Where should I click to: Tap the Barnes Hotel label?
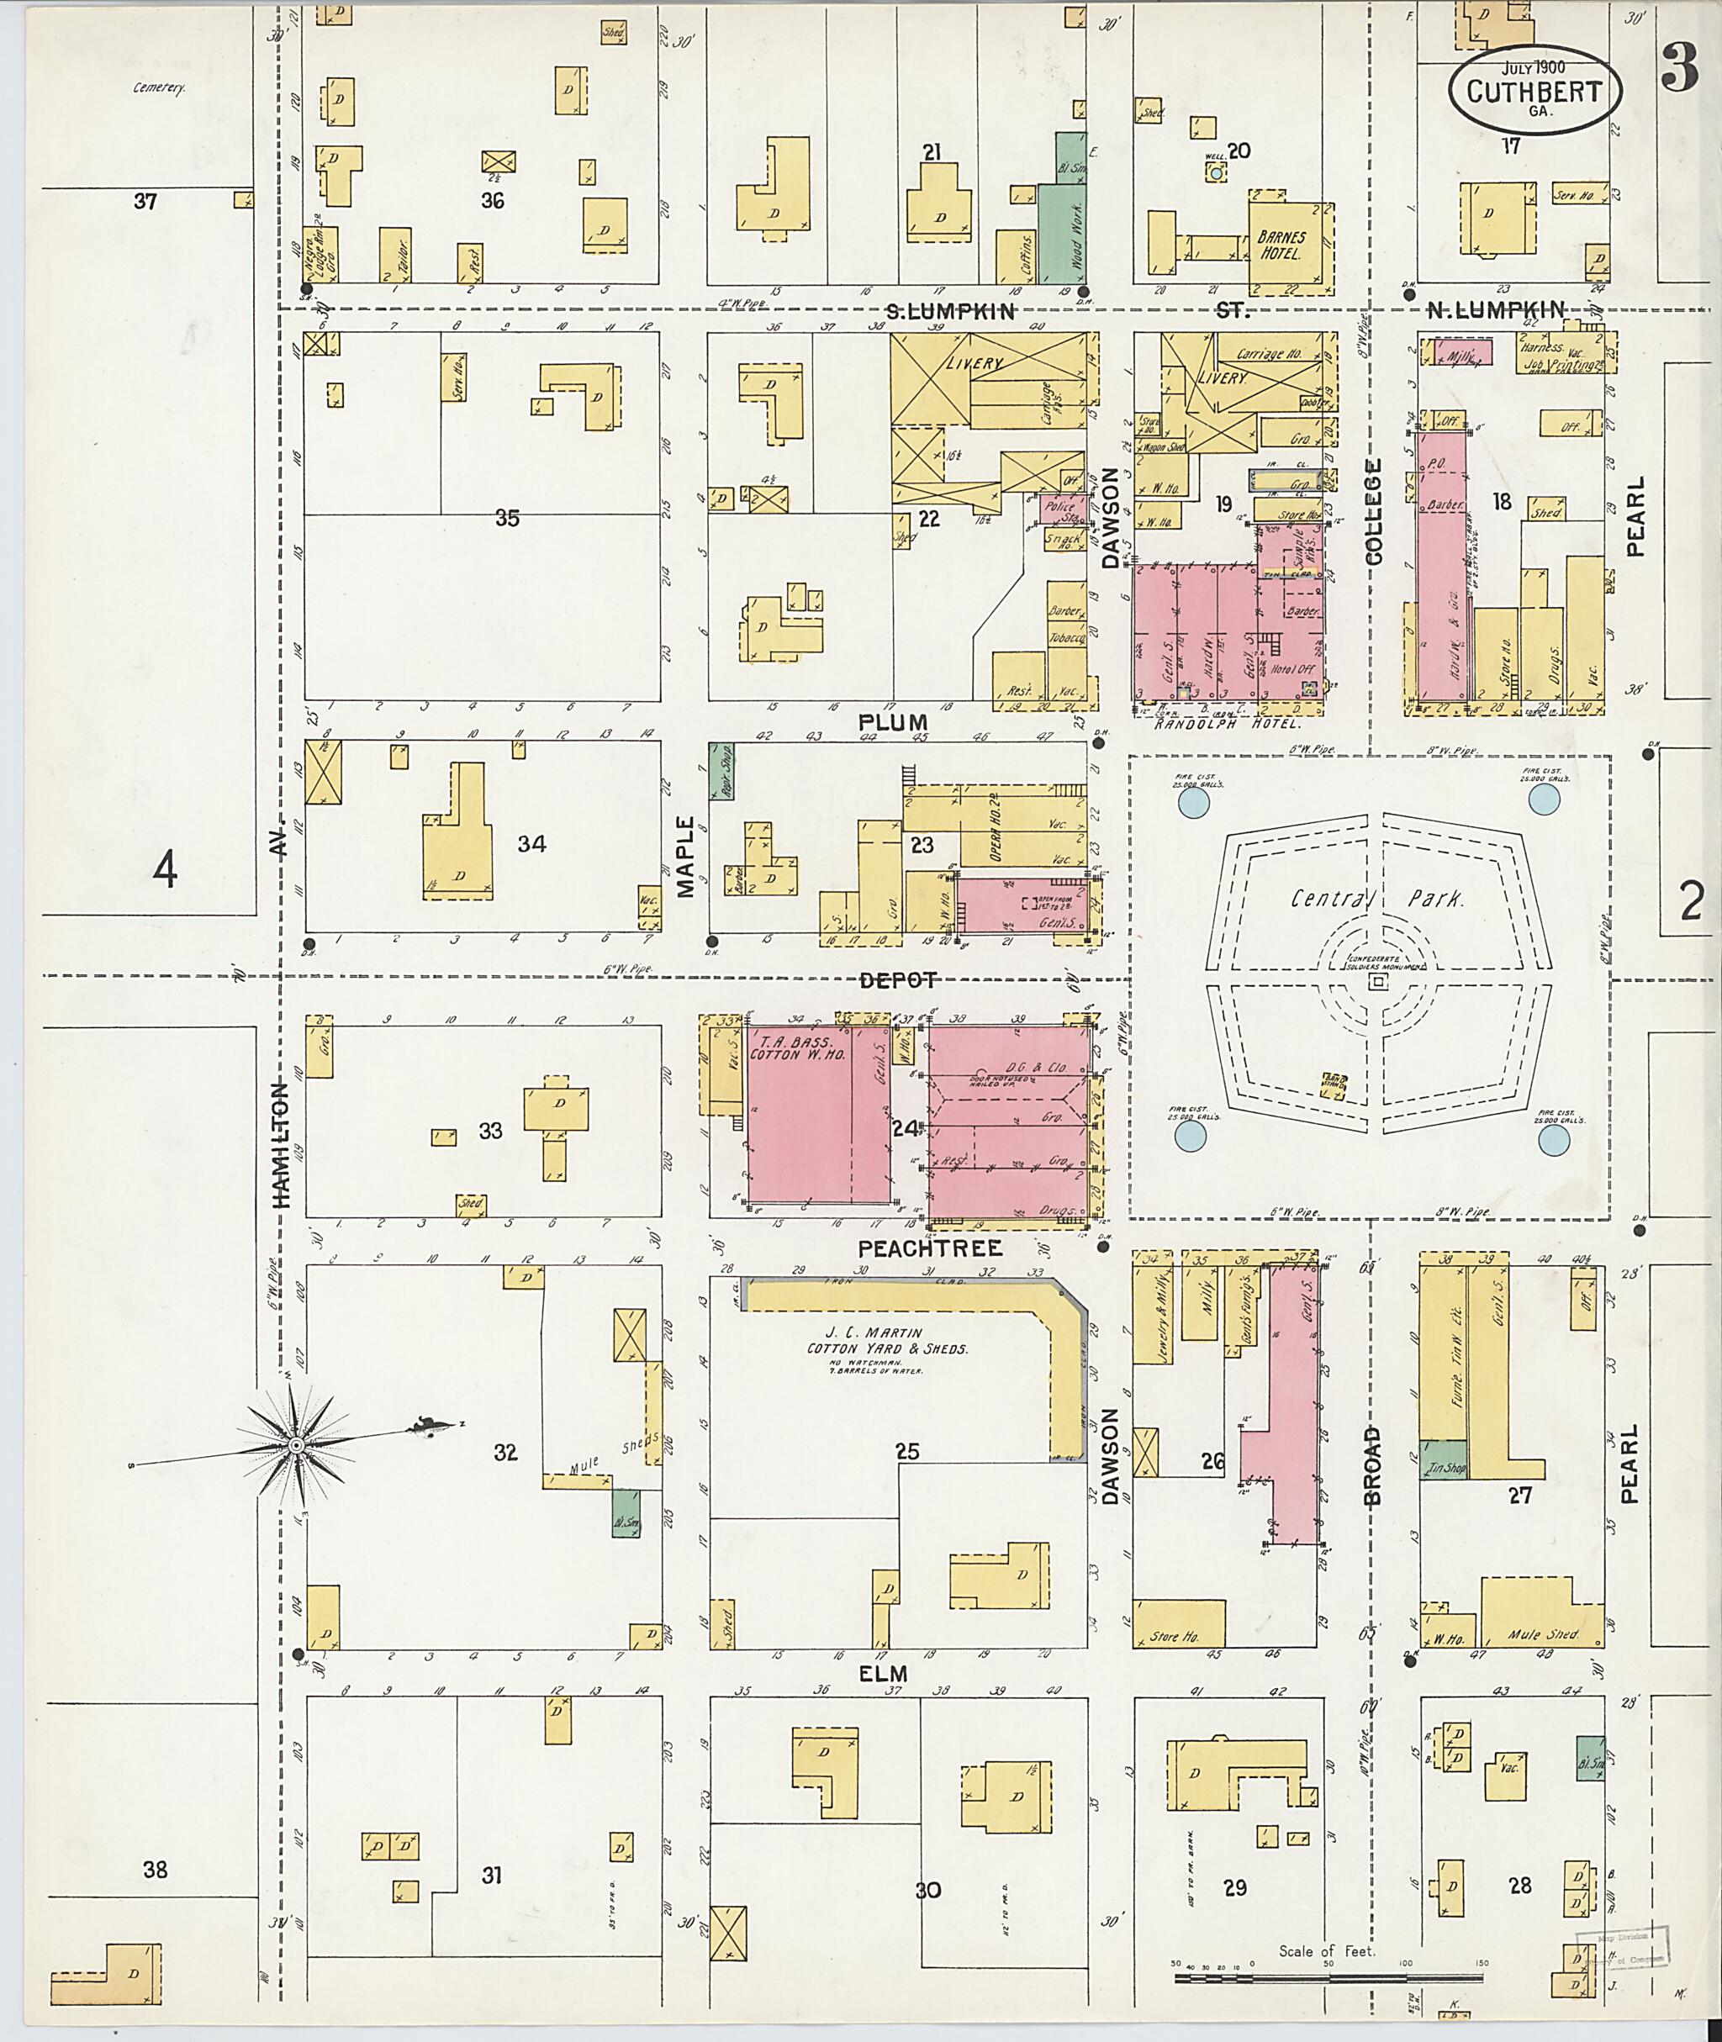(x=1281, y=245)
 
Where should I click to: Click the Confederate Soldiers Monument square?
(x=1376, y=982)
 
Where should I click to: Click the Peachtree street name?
(x=929, y=1248)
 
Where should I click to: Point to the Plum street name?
(x=892, y=722)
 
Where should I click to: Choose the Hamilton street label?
(x=281, y=1146)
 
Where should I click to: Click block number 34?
(x=531, y=843)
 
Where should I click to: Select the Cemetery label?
(x=159, y=87)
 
